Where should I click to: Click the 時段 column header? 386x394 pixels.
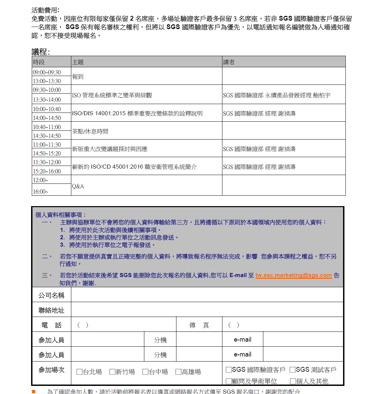[x=39, y=62]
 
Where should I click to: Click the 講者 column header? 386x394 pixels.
[x=229, y=62]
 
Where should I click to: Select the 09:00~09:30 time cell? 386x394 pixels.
[x=47, y=72]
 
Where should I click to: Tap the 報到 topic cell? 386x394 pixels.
[x=78, y=77]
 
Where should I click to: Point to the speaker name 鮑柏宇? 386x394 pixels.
[x=321, y=95]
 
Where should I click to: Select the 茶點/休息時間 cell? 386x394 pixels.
[x=90, y=131]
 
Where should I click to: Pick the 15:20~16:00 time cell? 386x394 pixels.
[x=47, y=171]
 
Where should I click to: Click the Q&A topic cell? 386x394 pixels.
[x=78, y=186]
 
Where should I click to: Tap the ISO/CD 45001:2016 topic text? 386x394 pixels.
[x=134, y=167]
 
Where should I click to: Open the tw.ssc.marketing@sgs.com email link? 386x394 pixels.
[x=293, y=275]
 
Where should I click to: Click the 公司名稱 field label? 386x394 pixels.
[x=51, y=295]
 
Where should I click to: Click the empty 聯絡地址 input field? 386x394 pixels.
[x=207, y=310]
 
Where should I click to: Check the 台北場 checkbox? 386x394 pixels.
[x=80, y=372]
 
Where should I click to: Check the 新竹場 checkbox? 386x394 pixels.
[x=113, y=372]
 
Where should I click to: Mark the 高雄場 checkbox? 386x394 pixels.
[x=178, y=372]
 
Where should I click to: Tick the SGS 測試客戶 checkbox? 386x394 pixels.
[x=293, y=370]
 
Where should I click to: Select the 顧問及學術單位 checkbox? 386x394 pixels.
[x=229, y=381]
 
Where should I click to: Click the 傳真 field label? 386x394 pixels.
[x=199, y=325]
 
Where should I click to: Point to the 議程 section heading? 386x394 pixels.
[x=40, y=51]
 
